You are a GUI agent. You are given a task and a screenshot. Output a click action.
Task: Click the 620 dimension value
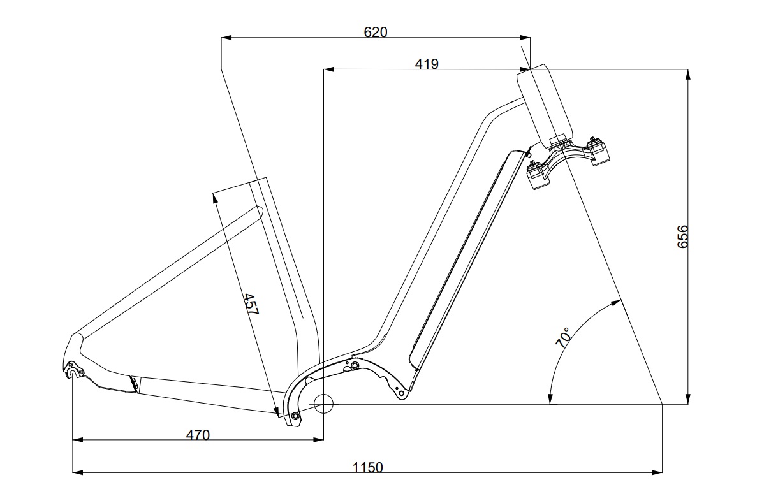(x=376, y=32)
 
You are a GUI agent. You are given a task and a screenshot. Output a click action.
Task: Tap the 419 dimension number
(x=427, y=64)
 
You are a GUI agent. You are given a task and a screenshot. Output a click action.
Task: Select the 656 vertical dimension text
(x=682, y=237)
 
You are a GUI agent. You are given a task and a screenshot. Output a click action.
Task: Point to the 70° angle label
(x=562, y=337)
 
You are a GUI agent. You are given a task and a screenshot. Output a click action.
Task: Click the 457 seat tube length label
(x=251, y=304)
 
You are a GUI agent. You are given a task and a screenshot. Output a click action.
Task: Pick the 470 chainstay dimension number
(x=198, y=435)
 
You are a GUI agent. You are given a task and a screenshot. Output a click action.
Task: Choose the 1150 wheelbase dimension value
(x=367, y=468)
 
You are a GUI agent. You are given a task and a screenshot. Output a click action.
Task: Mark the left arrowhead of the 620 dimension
(x=226, y=38)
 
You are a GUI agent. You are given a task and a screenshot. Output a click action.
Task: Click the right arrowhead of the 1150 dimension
(x=657, y=473)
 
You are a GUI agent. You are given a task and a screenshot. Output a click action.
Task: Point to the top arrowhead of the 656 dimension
(x=687, y=75)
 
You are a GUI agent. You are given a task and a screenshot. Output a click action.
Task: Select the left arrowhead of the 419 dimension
(x=328, y=69)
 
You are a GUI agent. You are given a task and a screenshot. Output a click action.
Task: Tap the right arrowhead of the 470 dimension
(x=318, y=439)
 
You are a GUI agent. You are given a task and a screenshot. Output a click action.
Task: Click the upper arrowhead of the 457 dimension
(x=215, y=198)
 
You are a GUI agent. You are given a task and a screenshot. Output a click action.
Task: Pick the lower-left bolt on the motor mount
(x=295, y=416)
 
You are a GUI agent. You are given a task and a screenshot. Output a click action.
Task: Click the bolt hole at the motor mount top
(x=355, y=365)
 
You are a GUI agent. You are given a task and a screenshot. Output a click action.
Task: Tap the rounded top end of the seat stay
(x=259, y=210)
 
